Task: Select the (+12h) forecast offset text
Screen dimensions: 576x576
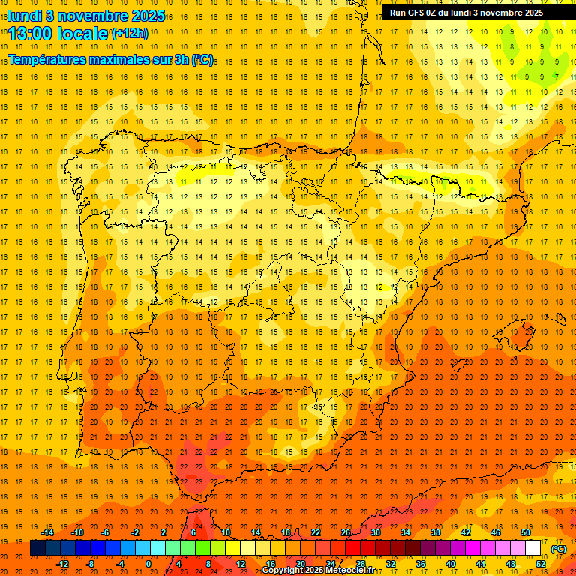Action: tap(130, 33)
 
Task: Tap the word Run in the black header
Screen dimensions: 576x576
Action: tap(397, 13)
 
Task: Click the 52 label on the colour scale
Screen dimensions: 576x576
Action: tap(541, 564)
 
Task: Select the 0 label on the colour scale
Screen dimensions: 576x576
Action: tap(148, 564)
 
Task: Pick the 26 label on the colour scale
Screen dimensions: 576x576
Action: tap(346, 532)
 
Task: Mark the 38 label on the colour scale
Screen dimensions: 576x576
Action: tap(435, 532)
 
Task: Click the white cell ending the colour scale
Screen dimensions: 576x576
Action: tap(533, 548)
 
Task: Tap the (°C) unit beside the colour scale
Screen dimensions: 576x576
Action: tap(559, 549)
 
